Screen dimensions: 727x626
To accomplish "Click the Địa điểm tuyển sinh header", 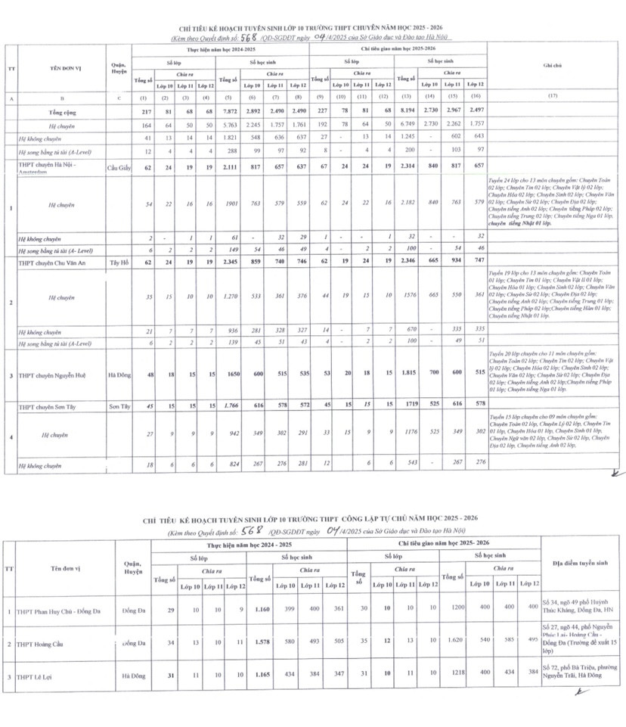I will pos(576,563).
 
